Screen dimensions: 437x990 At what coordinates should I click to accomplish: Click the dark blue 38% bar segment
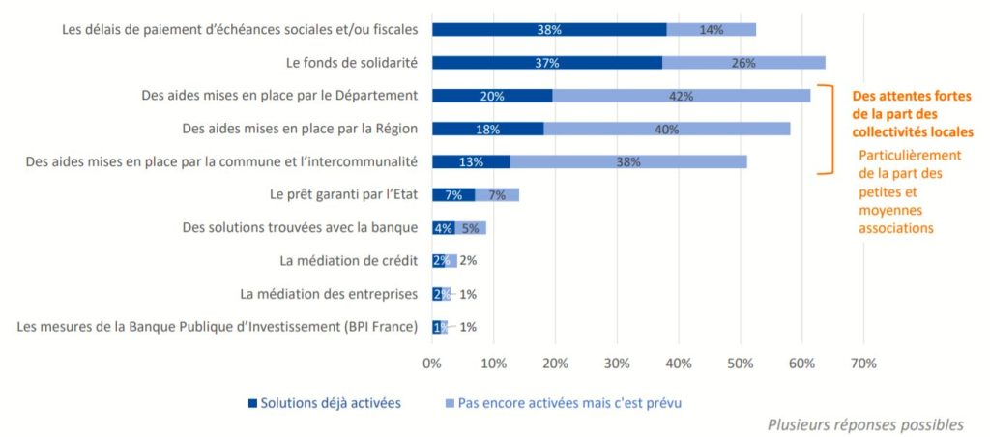pyautogui.click(x=548, y=30)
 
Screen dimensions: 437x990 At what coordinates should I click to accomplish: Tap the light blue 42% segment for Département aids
pyautogui.click(x=682, y=96)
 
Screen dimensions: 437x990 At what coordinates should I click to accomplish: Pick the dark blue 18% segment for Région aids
pyautogui.click(x=487, y=129)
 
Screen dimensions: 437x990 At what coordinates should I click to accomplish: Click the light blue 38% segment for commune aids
pyautogui.click(x=628, y=161)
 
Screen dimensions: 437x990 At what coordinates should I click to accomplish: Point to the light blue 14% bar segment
pyautogui.click(x=712, y=30)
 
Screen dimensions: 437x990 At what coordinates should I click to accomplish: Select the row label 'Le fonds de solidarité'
pyautogui.click(x=352, y=63)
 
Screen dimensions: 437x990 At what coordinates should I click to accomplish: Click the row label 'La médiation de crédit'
pyautogui.click(x=348, y=261)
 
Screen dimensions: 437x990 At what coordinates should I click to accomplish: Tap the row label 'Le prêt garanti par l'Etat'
pyautogui.click(x=343, y=194)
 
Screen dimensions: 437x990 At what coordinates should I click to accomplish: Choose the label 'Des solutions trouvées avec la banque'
pyautogui.click(x=300, y=228)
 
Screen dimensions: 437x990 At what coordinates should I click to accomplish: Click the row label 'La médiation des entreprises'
pyautogui.click(x=329, y=294)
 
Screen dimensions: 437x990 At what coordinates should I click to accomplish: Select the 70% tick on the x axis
pyautogui.click(x=863, y=364)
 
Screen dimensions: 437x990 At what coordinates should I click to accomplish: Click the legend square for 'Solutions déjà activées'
pyautogui.click(x=253, y=402)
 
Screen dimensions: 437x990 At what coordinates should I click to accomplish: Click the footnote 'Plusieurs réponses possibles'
pyautogui.click(x=865, y=424)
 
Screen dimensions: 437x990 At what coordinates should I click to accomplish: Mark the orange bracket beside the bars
pyautogui.click(x=829, y=130)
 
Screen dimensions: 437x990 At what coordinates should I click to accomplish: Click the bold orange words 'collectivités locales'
pyautogui.click(x=910, y=131)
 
